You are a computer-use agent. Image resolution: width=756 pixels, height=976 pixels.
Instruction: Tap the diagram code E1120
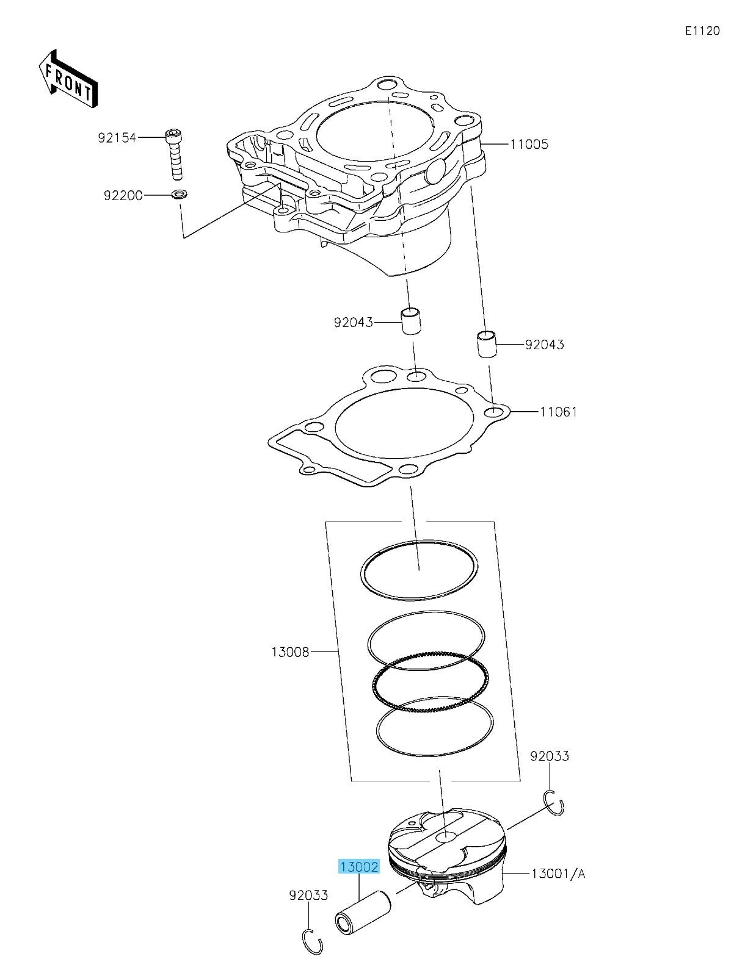tap(702, 31)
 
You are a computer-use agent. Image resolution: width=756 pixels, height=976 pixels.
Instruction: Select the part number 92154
tap(117, 138)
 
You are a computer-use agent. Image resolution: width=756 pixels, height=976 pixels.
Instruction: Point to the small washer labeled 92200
tap(180, 195)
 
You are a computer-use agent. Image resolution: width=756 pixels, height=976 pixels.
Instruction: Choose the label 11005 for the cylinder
tap(529, 145)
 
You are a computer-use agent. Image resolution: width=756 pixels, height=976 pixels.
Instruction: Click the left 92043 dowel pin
tap(412, 321)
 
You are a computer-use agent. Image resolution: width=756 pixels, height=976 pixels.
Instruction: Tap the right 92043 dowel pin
tap(487, 344)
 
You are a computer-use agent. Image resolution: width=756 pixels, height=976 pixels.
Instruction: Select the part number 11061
tap(558, 412)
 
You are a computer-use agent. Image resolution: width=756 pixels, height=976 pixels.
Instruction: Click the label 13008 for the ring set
tap(291, 653)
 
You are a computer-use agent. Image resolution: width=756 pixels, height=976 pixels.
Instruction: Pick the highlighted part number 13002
tap(360, 867)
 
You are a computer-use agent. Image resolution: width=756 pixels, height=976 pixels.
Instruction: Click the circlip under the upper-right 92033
tap(554, 802)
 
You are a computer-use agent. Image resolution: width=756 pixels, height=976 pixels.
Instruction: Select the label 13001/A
tap(558, 874)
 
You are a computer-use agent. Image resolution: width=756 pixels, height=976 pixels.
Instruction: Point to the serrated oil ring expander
tap(431, 681)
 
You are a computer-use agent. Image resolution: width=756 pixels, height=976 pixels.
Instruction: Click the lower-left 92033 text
tap(308, 895)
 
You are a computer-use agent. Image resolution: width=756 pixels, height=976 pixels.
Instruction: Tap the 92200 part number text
tap(123, 196)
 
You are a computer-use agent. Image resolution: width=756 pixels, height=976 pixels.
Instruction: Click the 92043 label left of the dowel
tap(353, 322)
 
